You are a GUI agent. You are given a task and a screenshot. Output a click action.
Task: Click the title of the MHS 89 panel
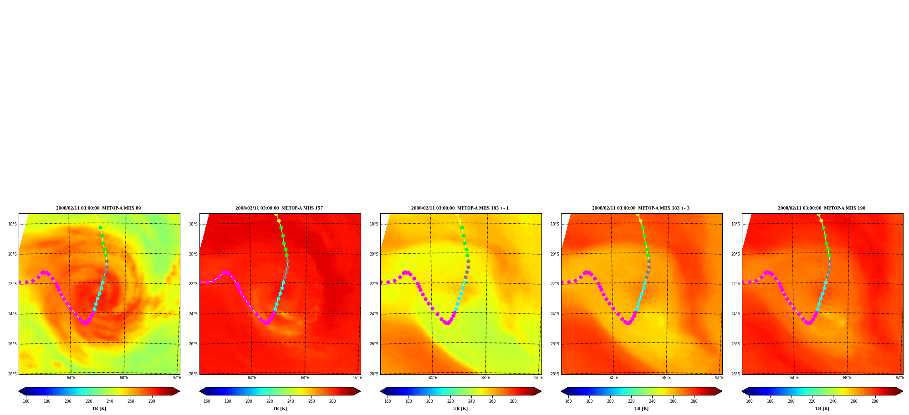(x=98, y=208)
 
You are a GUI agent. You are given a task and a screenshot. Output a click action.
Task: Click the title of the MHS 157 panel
(x=279, y=208)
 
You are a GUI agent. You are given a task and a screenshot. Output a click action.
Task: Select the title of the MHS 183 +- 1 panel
(x=460, y=208)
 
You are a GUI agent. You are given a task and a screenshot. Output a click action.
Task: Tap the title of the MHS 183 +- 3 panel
(x=641, y=208)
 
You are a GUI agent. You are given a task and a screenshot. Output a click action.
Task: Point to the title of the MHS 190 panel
(x=822, y=208)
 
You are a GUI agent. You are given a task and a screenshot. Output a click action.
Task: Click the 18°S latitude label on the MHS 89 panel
(x=12, y=224)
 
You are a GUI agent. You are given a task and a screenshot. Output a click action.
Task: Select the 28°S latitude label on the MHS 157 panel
(x=193, y=374)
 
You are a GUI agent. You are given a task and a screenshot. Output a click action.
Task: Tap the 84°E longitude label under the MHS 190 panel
(x=794, y=378)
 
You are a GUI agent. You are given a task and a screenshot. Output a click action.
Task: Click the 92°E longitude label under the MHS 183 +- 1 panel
(x=538, y=378)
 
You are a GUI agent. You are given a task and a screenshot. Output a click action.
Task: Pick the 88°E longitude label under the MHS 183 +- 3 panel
(x=666, y=378)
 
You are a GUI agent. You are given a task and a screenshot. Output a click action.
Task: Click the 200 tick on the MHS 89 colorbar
(x=68, y=401)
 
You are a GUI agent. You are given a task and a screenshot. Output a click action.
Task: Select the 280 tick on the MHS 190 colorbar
(x=875, y=401)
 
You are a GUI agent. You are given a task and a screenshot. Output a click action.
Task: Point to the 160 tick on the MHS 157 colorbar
(x=207, y=401)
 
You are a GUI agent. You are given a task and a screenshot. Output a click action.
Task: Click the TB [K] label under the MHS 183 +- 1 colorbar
(x=460, y=409)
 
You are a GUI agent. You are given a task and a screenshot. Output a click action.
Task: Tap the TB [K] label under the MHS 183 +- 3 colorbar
(x=641, y=409)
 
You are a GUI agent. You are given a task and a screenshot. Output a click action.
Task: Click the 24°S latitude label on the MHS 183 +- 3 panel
(x=555, y=314)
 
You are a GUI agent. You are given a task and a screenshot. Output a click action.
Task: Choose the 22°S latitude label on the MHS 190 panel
(x=735, y=284)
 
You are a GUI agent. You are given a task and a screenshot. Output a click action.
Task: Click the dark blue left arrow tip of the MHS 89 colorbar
(x=19, y=391)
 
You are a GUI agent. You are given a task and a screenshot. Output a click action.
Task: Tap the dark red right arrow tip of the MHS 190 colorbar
(x=902, y=391)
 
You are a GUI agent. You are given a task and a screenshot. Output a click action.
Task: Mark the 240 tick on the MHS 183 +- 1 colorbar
(x=471, y=401)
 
